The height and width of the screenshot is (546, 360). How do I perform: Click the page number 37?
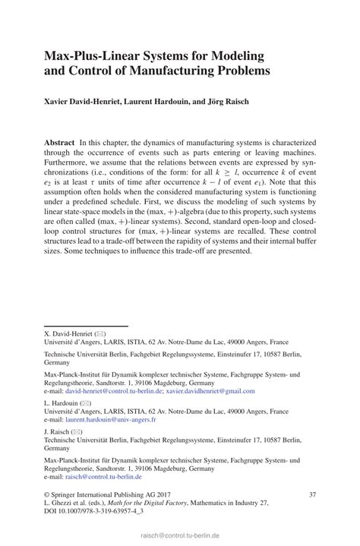312,494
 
